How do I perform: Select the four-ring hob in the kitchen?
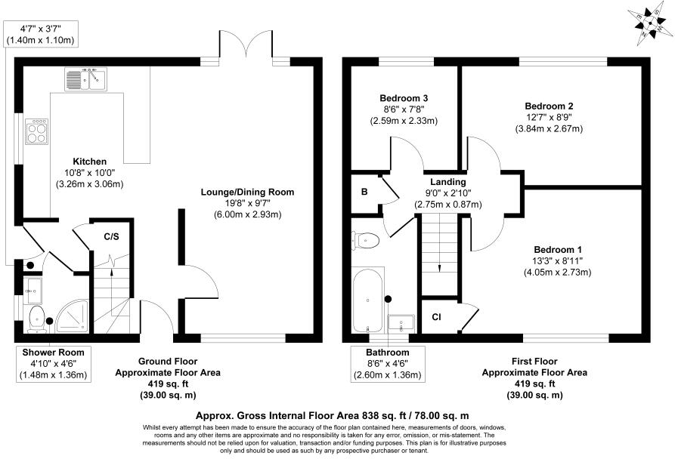pos(36,132)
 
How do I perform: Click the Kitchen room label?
pos(89,162)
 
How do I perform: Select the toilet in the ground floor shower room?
pos(36,319)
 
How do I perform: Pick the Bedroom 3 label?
pos(404,99)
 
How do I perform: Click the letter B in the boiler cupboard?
pos(364,193)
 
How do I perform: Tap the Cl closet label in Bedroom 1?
pos(437,317)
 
